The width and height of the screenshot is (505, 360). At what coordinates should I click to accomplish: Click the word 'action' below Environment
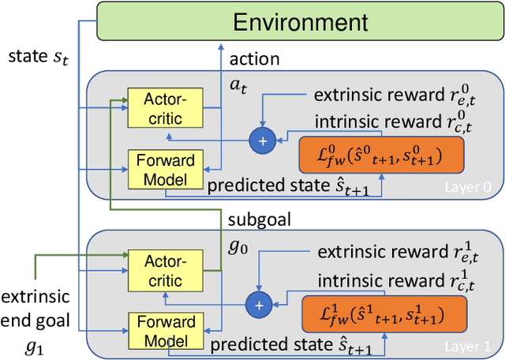[x=255, y=59]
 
